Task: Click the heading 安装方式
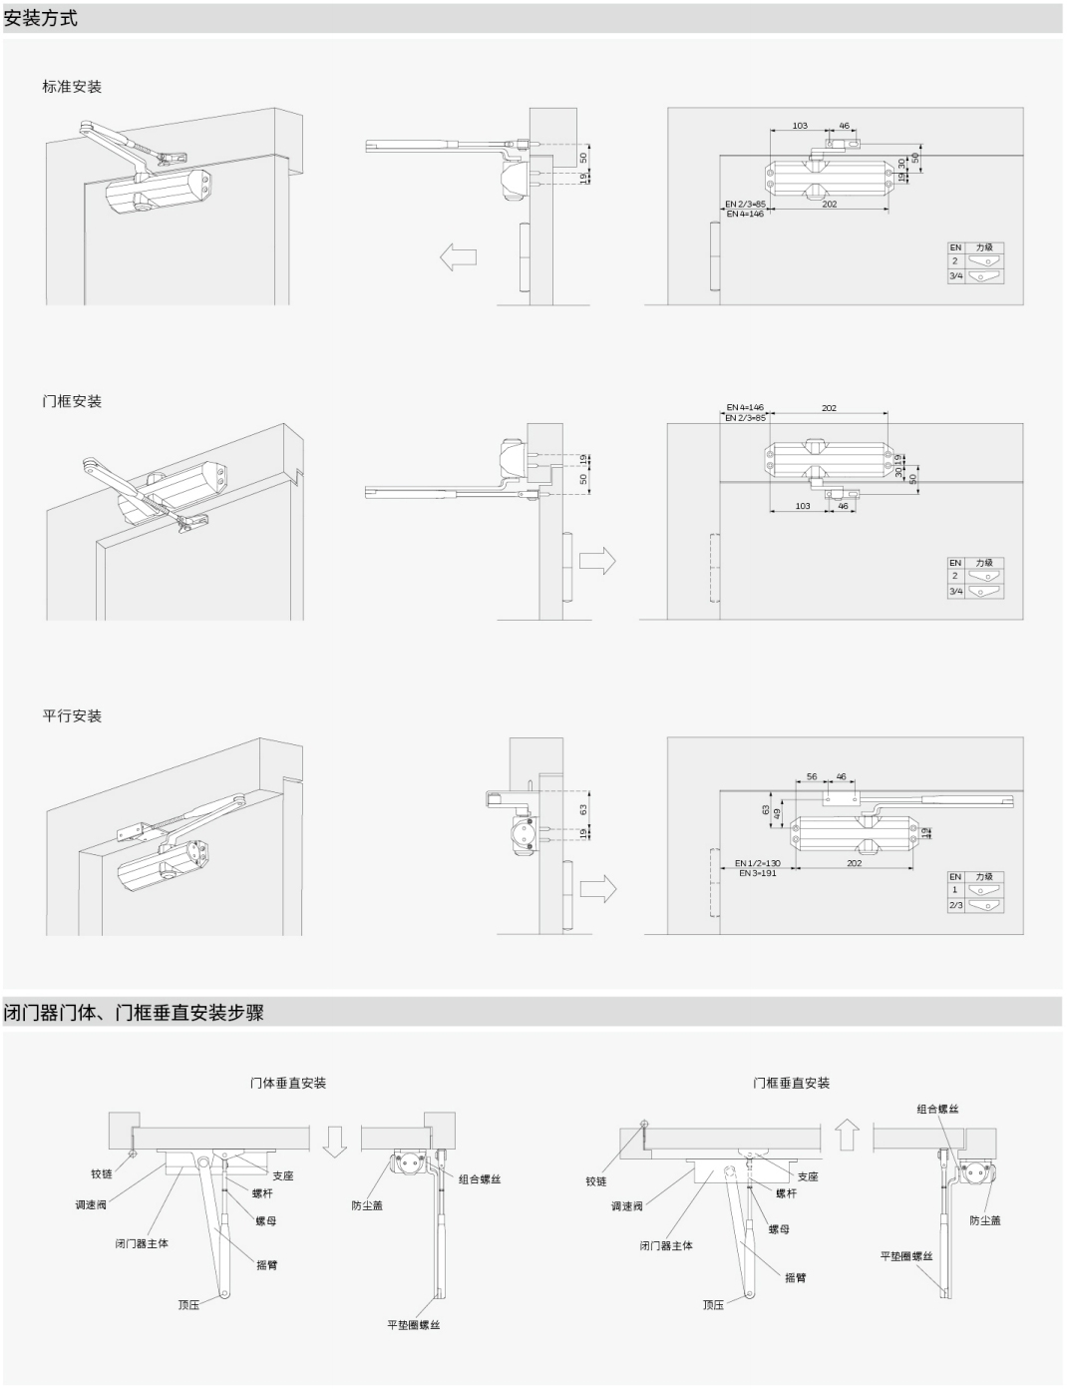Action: coord(41,18)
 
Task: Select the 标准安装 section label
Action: coord(72,87)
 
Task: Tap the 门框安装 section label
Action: coord(72,401)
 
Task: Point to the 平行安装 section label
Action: coord(72,715)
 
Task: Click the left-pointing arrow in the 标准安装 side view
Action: coord(458,256)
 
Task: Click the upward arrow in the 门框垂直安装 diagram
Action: coord(847,1135)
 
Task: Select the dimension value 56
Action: coord(812,776)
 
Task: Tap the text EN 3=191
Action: coord(757,873)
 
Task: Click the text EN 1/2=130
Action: coord(758,863)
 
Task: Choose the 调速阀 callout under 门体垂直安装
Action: coord(91,1205)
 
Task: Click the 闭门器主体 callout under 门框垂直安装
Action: coord(666,1245)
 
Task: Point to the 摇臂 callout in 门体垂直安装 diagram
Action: coord(267,1265)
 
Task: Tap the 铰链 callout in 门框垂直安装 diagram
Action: coord(596,1181)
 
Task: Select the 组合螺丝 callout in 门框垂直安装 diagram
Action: coord(938,1109)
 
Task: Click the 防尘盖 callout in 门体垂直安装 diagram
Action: coord(367,1205)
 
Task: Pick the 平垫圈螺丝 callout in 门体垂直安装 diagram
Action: coord(414,1325)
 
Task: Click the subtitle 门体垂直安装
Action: coord(288,1083)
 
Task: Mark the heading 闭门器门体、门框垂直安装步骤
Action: coord(134,1013)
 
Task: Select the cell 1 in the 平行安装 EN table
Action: coord(954,890)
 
